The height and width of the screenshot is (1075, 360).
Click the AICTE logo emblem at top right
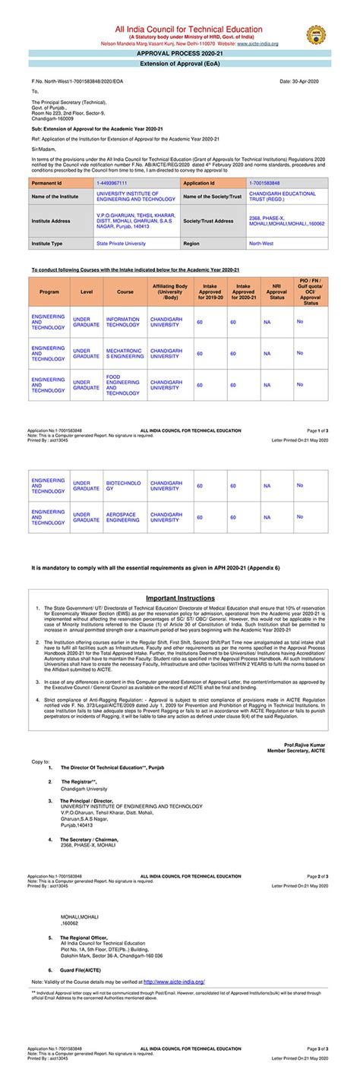click(x=315, y=35)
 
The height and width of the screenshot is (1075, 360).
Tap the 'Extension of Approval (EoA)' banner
click(x=180, y=65)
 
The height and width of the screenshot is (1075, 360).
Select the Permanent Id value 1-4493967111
click(x=112, y=184)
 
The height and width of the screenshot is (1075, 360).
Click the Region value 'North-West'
click(x=261, y=244)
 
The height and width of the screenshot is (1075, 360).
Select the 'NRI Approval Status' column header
click(x=276, y=292)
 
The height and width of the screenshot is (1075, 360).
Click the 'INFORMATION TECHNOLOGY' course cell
click(x=123, y=322)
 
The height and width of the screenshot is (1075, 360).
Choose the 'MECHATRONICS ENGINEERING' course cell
click(x=125, y=353)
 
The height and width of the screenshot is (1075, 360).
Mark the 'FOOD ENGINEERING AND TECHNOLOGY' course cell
click(x=123, y=385)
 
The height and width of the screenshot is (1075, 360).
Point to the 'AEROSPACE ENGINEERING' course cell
click(x=123, y=517)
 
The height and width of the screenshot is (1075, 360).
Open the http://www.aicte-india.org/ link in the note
click(x=174, y=982)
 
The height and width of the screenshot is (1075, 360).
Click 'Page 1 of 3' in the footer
click(x=317, y=430)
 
